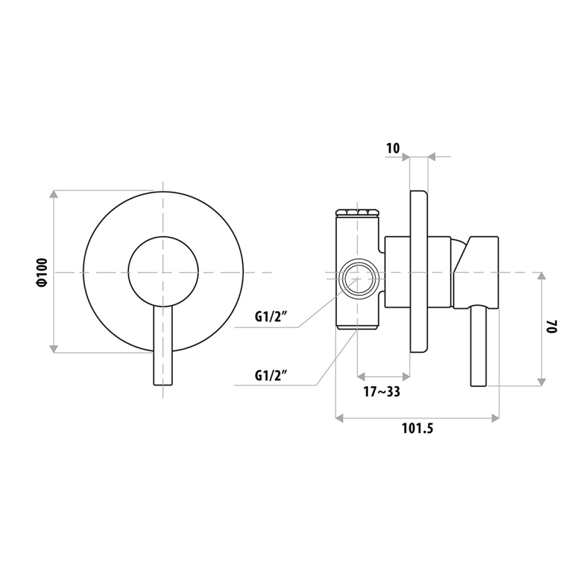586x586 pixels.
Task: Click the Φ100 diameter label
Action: pyautogui.click(x=43, y=272)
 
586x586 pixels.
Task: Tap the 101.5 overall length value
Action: pyautogui.click(x=418, y=428)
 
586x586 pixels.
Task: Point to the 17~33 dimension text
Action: pyautogui.click(x=382, y=392)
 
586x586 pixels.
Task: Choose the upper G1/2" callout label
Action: pyautogui.click(x=272, y=317)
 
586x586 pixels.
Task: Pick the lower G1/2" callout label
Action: pyautogui.click(x=272, y=376)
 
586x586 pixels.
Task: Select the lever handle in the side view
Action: pyautogui.click(x=479, y=347)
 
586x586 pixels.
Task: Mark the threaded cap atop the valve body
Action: pyautogui.click(x=357, y=212)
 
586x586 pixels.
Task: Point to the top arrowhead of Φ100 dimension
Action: pyautogui.click(x=54, y=194)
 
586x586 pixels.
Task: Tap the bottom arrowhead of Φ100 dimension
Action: pyautogui.click(x=54, y=349)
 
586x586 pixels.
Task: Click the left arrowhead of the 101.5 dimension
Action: pyautogui.click(x=339, y=418)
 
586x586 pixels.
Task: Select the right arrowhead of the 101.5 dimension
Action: pyautogui.click(x=496, y=418)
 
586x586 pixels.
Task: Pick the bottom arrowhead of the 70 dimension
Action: pyautogui.click(x=542, y=382)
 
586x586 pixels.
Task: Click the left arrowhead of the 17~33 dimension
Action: pyautogui.click(x=361, y=377)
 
